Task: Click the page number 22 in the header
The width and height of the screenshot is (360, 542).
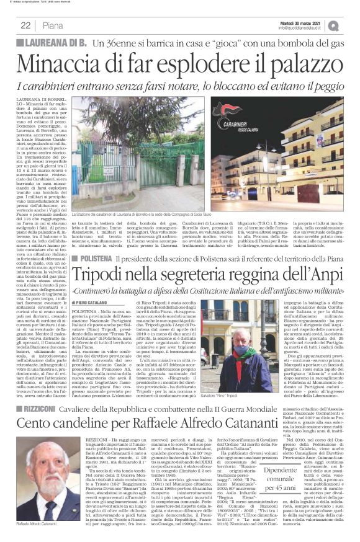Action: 25,25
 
